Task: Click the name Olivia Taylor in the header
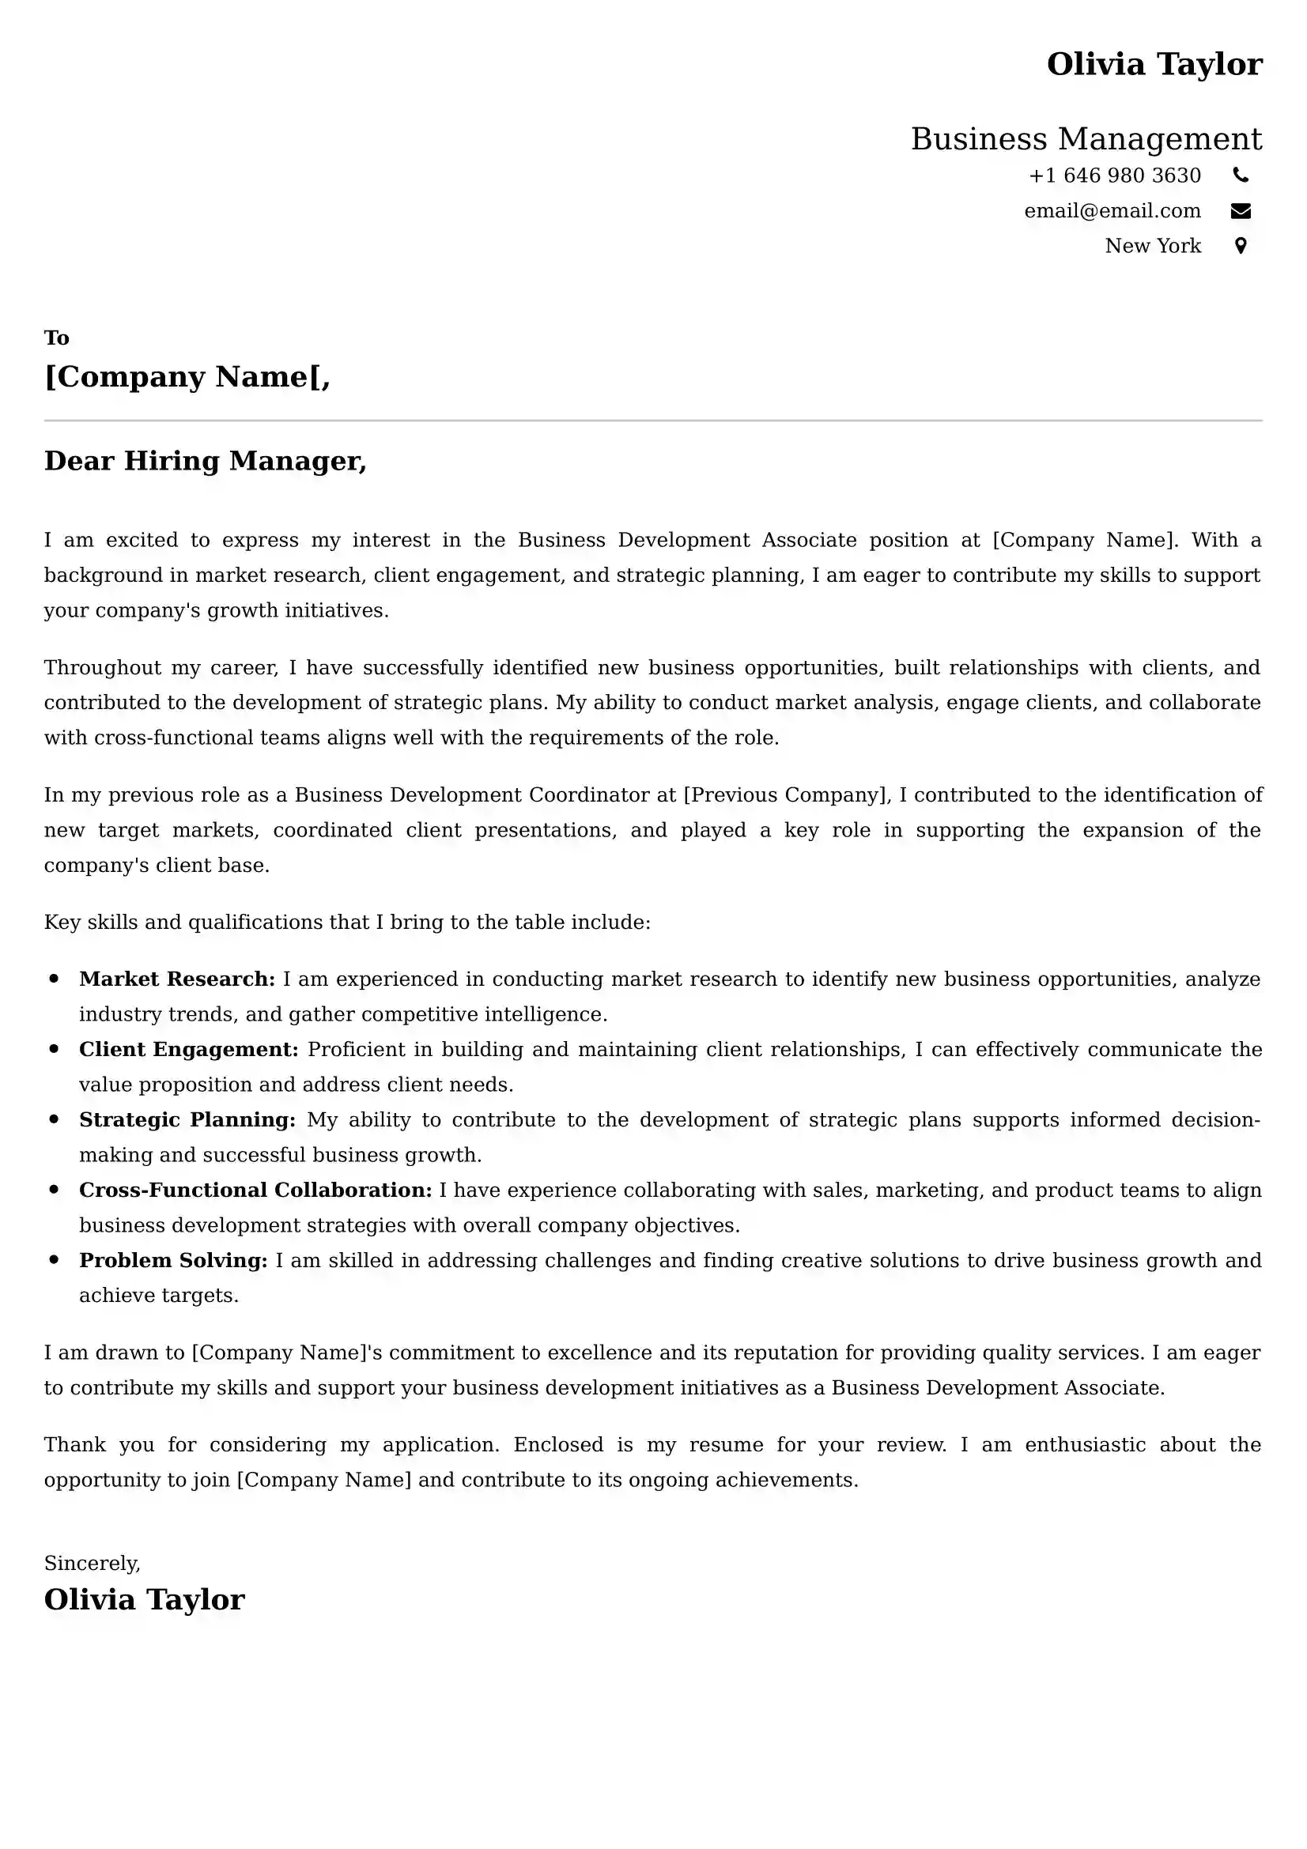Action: pos(1153,64)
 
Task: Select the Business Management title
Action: pos(1086,139)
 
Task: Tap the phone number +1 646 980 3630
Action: pos(1115,175)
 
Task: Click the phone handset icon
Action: pos(1240,175)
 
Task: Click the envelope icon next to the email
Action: pos(1240,211)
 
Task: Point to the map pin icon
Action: pos(1240,246)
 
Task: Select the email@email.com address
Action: pos(1112,211)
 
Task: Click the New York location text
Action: pos(1152,246)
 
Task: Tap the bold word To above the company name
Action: pos(56,338)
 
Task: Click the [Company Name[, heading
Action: pos(187,377)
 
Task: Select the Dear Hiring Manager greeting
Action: pos(206,461)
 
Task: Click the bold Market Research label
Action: pos(177,979)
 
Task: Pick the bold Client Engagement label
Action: pos(188,1049)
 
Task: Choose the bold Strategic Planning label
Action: pos(187,1119)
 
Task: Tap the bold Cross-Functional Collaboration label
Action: pos(255,1191)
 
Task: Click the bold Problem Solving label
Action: pos(173,1260)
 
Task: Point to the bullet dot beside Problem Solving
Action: pos(54,1259)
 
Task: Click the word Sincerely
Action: pos(92,1563)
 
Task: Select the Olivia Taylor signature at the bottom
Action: pos(144,1600)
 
